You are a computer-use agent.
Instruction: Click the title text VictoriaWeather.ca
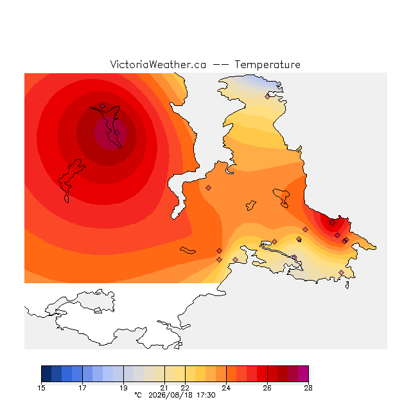coord(158,64)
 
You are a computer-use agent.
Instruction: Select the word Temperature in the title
coord(267,64)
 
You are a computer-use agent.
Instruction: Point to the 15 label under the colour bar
coord(41,388)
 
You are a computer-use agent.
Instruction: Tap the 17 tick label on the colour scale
coord(82,388)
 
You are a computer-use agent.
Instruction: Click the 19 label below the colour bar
coord(123,388)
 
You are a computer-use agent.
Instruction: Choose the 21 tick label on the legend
coord(164,388)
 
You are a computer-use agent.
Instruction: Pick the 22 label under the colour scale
coord(185,388)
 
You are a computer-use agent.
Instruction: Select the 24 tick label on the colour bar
coord(226,388)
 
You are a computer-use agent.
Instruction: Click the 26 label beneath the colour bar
coord(267,388)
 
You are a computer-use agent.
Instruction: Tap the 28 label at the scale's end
coord(308,388)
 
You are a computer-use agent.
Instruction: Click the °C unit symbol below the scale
coord(138,395)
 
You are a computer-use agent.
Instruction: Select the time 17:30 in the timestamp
coord(206,395)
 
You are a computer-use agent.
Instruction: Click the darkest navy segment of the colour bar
coord(46,374)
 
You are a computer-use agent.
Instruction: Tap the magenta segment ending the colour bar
coord(303,374)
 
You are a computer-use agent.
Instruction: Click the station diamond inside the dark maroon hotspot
coord(117,133)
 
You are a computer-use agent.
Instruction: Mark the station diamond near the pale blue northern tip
coord(267,97)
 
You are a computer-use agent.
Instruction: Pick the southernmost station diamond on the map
coord(341,272)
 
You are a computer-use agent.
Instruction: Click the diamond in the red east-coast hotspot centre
coord(333,223)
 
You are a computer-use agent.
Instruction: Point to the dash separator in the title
coord(220,64)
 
